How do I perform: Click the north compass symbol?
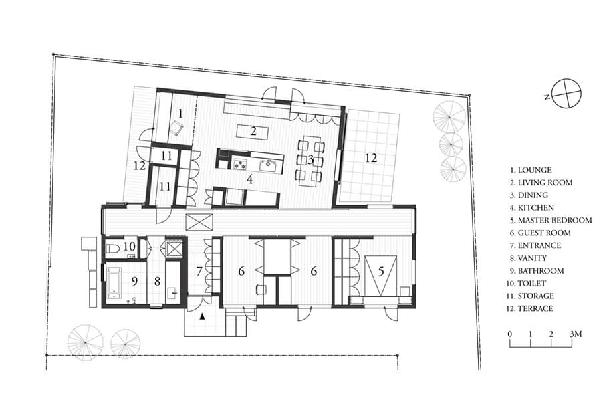point(566,93)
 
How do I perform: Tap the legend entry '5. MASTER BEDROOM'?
point(551,220)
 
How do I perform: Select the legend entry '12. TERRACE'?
point(529,308)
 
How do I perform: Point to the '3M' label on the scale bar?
point(576,334)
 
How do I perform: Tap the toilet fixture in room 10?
point(113,249)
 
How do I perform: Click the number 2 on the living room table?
point(253,131)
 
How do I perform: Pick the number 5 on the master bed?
point(380,271)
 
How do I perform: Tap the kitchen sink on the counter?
point(269,164)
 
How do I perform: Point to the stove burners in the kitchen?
point(239,163)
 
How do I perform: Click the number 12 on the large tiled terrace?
point(371,158)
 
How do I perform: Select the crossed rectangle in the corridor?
point(199,222)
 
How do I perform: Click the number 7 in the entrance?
point(199,271)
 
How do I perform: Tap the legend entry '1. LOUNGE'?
point(531,170)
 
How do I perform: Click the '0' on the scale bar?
point(509,334)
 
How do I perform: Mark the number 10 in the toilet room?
point(130,247)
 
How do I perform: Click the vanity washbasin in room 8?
point(172,292)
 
